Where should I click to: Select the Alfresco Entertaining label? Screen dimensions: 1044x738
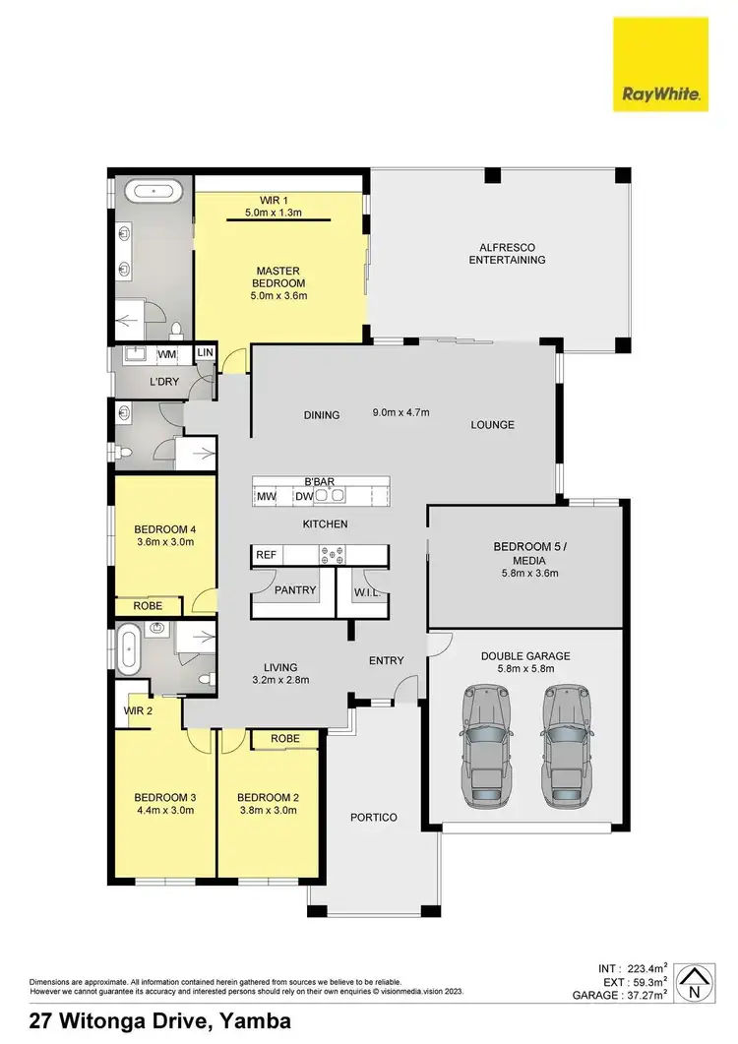tap(507, 253)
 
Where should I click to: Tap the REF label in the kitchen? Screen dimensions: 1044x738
tap(266, 556)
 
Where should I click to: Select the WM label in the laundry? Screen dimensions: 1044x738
tap(167, 353)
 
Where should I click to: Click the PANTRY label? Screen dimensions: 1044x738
tap(295, 590)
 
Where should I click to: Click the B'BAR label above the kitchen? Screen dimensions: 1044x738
tap(320, 481)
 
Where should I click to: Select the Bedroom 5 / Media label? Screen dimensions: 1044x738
tap(525, 553)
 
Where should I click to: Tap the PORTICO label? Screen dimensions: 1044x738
tap(374, 818)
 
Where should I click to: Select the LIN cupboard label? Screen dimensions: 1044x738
tap(206, 352)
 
